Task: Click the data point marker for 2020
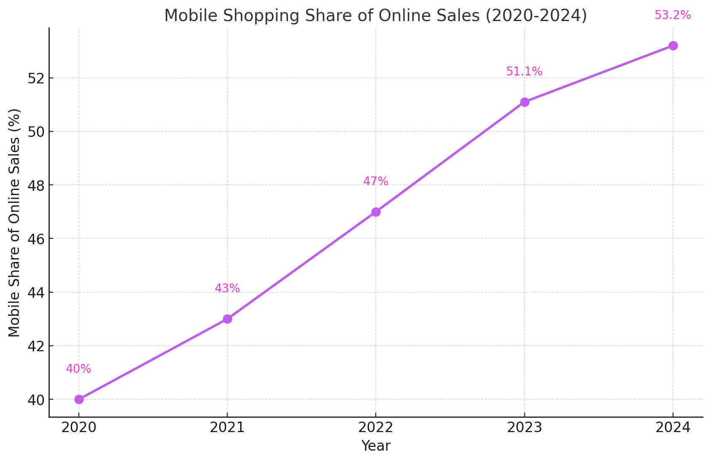click(x=79, y=399)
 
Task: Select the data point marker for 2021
click(x=227, y=319)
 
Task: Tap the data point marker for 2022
click(x=376, y=212)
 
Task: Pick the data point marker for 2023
click(x=525, y=102)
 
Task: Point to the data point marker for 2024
click(x=673, y=45)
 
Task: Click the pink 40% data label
click(x=78, y=369)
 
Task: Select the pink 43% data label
click(x=227, y=288)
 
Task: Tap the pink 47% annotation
click(x=376, y=182)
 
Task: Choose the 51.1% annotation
click(x=524, y=72)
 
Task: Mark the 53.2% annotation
click(x=673, y=15)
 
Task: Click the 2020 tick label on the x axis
click(x=79, y=428)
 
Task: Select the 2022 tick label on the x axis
click(x=376, y=428)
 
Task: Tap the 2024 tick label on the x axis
click(x=673, y=428)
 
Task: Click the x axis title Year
click(x=376, y=446)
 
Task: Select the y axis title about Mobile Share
click(x=14, y=223)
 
